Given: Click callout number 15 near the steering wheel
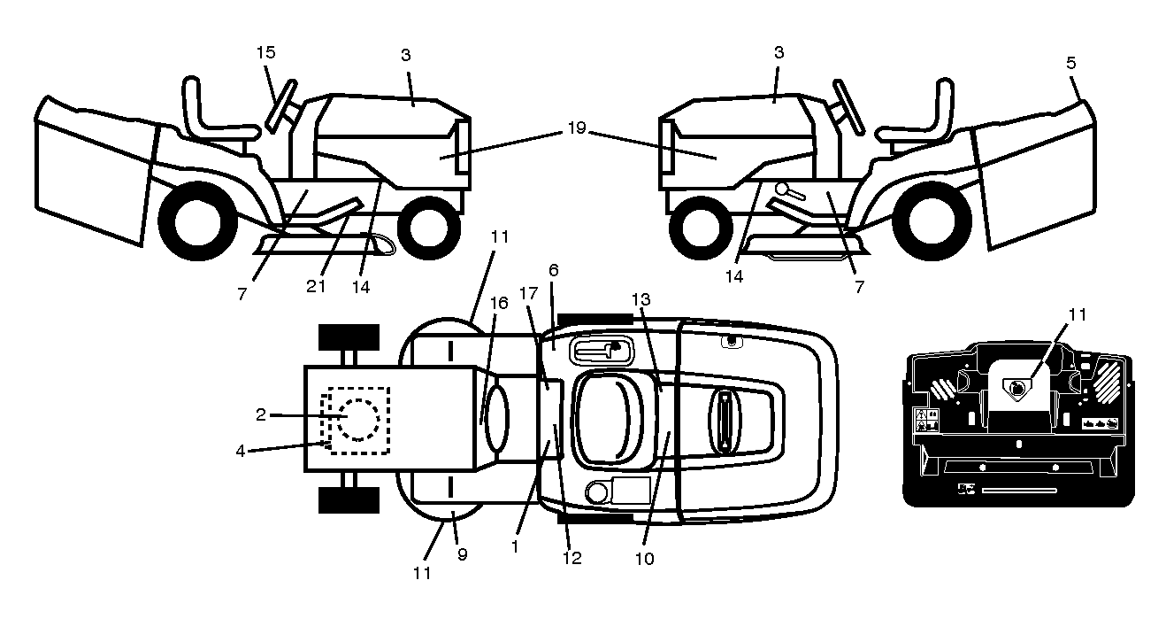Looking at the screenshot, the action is [265, 52].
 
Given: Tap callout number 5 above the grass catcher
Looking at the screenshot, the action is [1070, 63].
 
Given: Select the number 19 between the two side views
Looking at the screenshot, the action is [576, 128].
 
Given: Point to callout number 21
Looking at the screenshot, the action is [316, 286].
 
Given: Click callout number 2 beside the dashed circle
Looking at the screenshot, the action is [261, 414].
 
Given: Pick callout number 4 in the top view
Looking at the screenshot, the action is [240, 451].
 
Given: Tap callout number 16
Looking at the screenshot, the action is [499, 303].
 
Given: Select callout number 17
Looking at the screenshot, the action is [528, 293].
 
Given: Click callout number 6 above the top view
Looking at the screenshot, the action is [553, 270].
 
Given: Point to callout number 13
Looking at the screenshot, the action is [641, 299].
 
